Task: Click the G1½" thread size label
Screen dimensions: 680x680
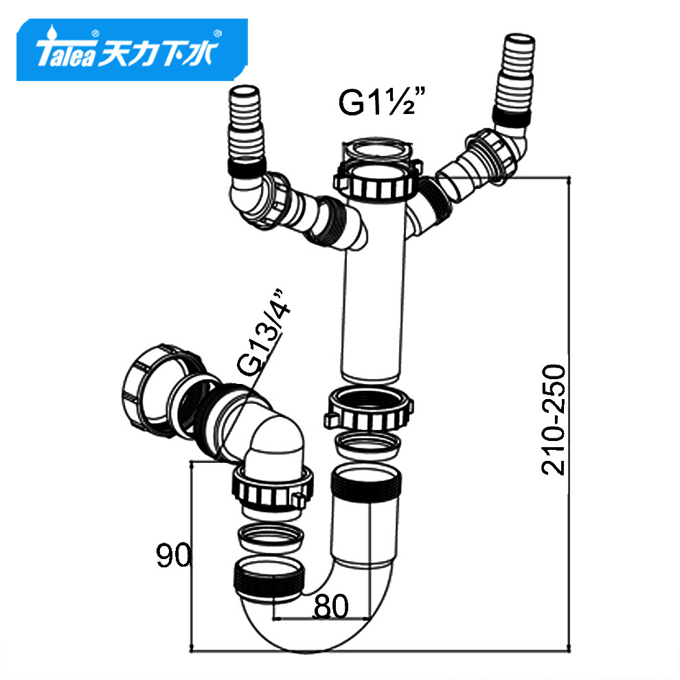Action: [x=382, y=102]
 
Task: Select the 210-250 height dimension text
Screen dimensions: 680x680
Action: [x=554, y=420]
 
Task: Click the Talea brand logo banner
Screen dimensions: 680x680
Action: [x=132, y=49]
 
